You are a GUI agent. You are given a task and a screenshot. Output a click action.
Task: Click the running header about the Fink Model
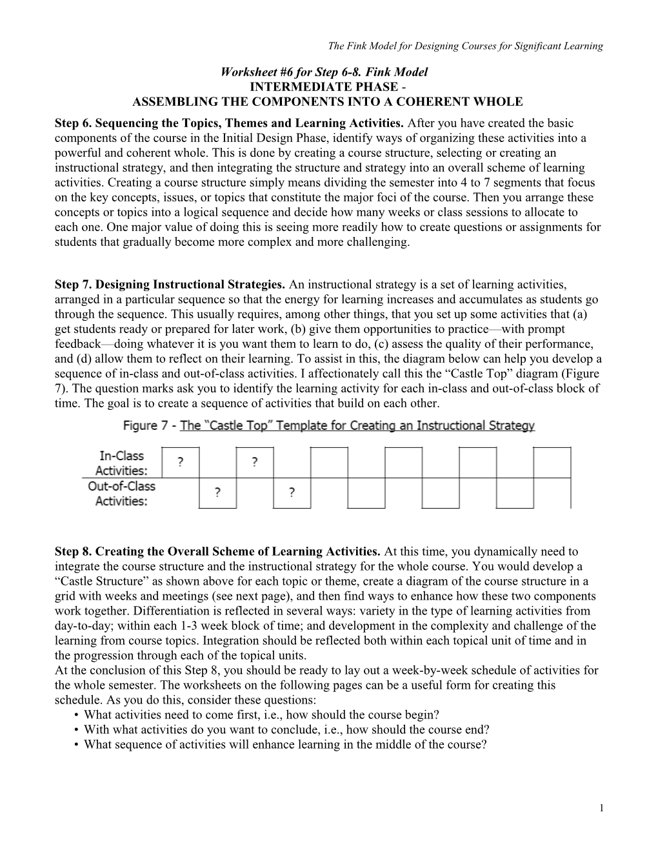(465, 46)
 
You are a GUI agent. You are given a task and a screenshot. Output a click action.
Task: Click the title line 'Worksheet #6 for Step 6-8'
(324, 72)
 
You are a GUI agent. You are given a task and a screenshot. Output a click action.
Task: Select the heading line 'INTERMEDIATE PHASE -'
(327, 87)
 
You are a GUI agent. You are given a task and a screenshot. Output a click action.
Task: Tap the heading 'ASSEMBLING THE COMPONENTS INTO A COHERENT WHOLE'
(327, 102)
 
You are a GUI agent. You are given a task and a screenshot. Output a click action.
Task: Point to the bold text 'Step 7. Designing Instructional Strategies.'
(170, 285)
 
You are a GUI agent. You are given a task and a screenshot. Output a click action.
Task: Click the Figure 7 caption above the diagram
(328, 426)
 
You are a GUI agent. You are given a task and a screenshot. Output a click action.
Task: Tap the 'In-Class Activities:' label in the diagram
(121, 463)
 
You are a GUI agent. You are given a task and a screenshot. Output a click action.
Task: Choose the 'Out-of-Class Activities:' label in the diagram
(121, 494)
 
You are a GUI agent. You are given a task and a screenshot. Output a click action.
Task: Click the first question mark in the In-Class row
(180, 462)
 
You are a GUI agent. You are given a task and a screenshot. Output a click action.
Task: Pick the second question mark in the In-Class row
(255, 462)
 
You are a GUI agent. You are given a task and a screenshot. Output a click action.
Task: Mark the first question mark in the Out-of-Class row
(217, 493)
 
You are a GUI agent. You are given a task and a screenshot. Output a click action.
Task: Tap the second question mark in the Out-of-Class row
(292, 493)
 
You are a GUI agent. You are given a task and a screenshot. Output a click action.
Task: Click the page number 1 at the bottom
(601, 809)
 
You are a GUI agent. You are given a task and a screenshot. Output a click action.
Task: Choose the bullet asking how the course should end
(286, 730)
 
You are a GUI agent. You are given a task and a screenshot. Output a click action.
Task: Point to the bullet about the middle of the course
(285, 745)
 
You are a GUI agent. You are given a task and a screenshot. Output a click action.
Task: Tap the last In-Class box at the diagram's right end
(552, 462)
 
